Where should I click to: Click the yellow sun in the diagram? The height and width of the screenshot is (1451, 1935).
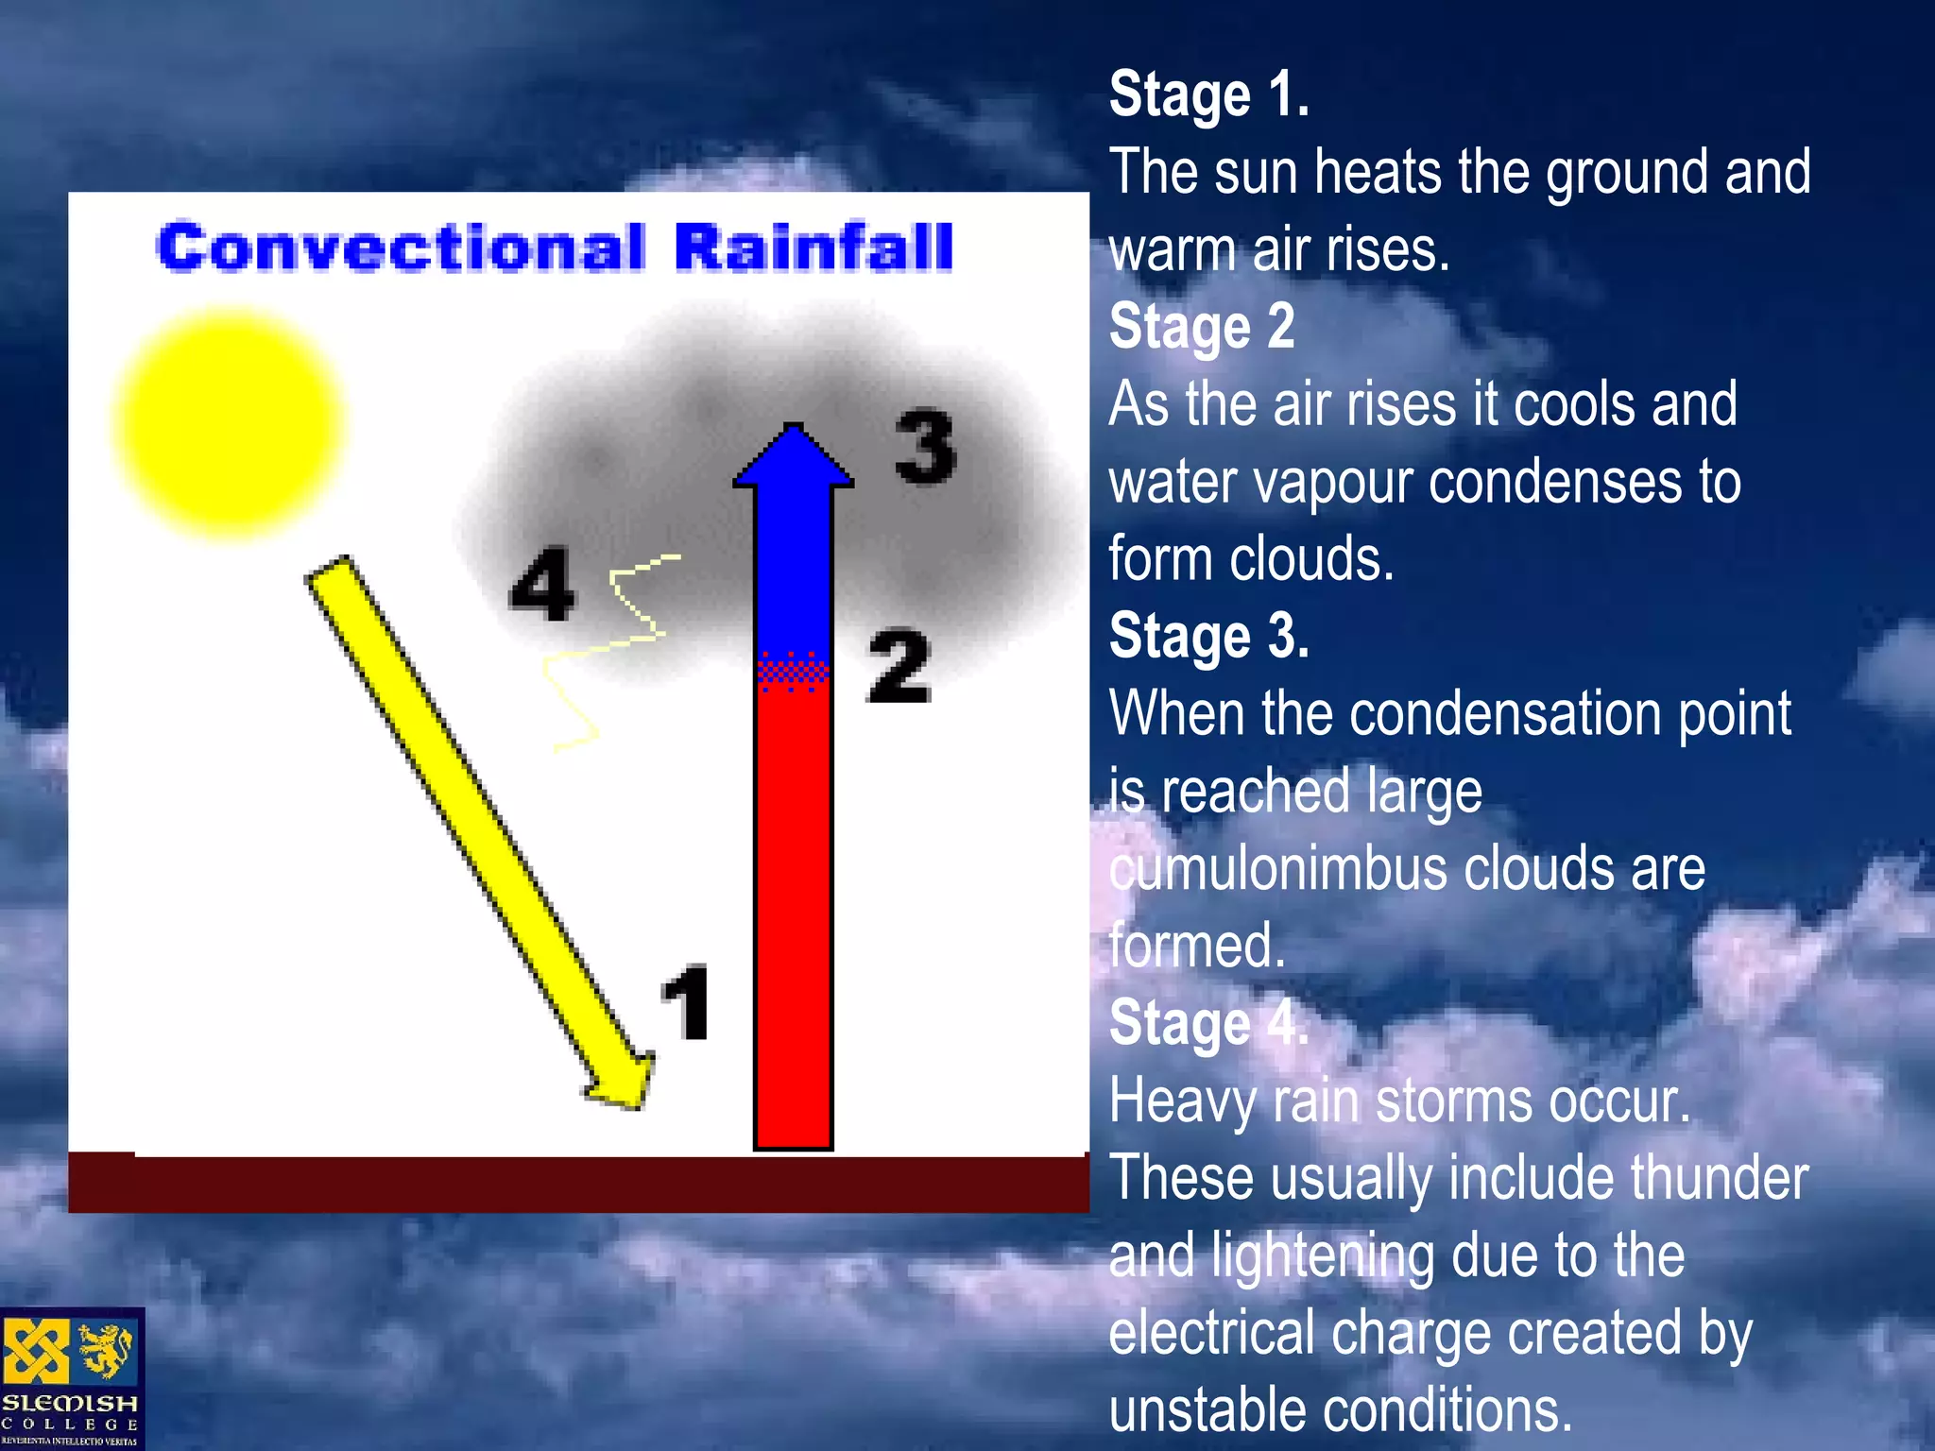click(x=227, y=423)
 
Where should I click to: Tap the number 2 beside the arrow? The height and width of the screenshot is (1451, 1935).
click(x=899, y=667)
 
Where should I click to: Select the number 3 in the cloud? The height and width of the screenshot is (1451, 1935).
click(x=925, y=447)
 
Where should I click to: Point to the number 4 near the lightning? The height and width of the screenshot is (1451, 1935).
click(x=542, y=584)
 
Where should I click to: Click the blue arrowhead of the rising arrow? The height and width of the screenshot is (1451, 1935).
click(x=794, y=457)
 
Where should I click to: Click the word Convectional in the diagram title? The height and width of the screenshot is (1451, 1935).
click(x=401, y=248)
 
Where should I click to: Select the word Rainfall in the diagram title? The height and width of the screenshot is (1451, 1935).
click(x=813, y=248)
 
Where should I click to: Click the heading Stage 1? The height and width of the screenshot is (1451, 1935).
click(x=1208, y=95)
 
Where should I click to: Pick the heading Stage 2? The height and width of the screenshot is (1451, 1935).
click(x=1201, y=328)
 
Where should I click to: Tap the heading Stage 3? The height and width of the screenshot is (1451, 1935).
click(x=1208, y=637)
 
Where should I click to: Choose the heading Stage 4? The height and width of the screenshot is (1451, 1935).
click(x=1208, y=1024)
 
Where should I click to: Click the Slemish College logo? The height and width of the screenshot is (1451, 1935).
click(x=72, y=1378)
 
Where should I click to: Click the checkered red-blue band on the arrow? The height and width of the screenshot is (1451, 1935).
click(x=794, y=671)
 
